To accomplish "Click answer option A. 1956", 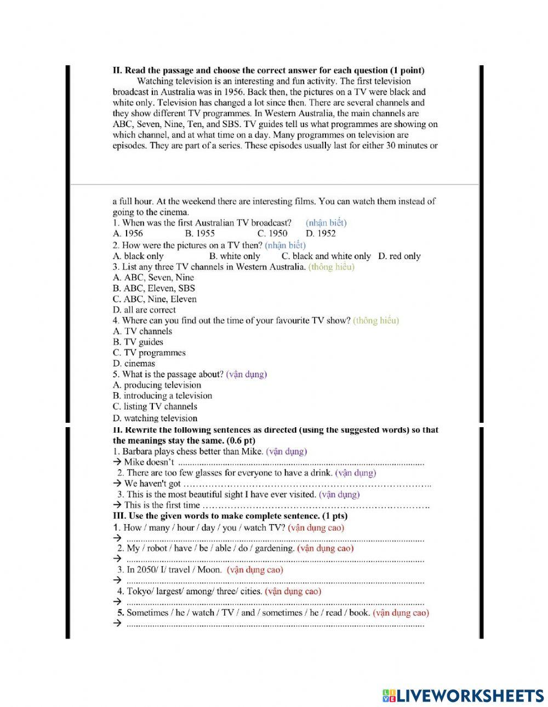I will pos(128,233).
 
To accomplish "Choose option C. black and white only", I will pos(326,256).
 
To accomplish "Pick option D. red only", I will pos(399,256).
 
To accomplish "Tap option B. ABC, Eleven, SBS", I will pos(154,288).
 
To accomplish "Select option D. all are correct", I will pos(144,309).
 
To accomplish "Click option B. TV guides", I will pos(138,342).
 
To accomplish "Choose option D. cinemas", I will pos(134,363).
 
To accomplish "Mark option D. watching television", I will pos(155,418).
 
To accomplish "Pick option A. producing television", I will pos(157,385).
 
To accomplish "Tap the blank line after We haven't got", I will pos(307,484).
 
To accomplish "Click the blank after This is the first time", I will pos(315,505).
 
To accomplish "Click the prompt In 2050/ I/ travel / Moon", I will pos(174,570).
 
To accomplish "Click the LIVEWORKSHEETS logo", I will pos(463,695).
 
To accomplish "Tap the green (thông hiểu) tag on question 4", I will pos(376,320).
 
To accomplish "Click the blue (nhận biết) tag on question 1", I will pos(326,223).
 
